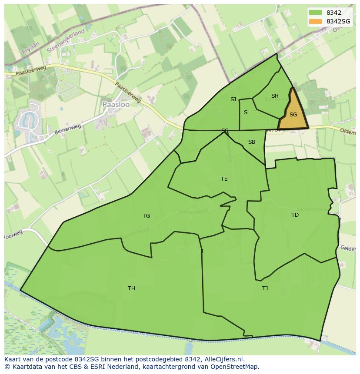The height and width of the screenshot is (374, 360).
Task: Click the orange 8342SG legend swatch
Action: coord(316,21)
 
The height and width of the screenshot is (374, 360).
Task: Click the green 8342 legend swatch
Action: coord(316,13)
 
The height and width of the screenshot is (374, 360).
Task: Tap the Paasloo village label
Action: coord(113,105)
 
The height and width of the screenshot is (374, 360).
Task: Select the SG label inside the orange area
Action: coord(293,115)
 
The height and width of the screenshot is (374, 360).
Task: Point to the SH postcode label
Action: coord(275,96)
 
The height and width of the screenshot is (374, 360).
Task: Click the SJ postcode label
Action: coord(233,99)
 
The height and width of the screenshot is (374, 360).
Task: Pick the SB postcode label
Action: coord(252,142)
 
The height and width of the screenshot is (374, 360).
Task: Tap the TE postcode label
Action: coord(224,179)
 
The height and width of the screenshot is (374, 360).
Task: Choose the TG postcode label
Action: coord(146,216)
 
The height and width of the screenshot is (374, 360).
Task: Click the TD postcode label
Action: coord(295,215)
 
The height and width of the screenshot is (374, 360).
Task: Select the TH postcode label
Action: coord(131,288)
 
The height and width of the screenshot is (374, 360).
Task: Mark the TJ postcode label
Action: coord(265,288)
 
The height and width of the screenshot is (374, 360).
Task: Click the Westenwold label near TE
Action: coord(193,212)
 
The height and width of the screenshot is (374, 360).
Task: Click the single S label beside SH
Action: coord(246,113)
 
